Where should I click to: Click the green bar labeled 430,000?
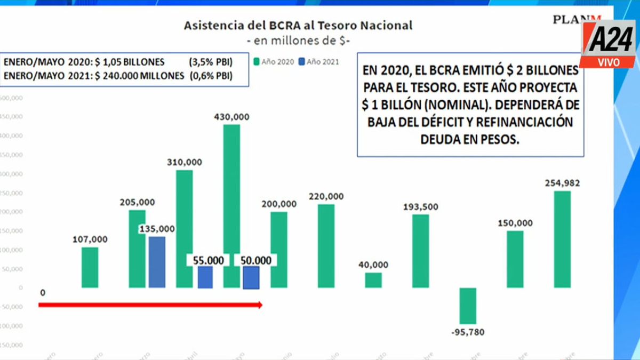pos(231,206)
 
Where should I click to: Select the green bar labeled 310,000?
pos(184,229)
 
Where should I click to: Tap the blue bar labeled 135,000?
pos(157,262)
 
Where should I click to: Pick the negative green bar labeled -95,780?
pos(468,306)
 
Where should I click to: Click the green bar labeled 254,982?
pos(562,239)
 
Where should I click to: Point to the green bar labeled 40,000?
pos(373,280)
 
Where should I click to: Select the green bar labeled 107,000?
pos(90,267)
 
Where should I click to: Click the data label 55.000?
pos(208,260)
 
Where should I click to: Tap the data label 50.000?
pos(255,260)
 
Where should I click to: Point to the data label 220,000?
pos(326,196)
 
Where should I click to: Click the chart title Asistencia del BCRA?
pos(298,25)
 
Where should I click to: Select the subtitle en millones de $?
pos(298,41)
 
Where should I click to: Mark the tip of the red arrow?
pos(261,305)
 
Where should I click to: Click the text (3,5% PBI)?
pos(210,61)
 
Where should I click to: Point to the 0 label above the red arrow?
pos(42,292)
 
